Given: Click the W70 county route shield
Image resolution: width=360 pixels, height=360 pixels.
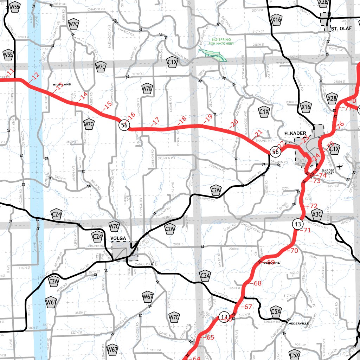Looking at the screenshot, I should click(x=147, y=89).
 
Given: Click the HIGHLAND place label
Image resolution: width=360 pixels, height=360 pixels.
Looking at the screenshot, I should click(x=62, y=85).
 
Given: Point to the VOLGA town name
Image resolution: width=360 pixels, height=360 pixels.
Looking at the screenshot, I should click(x=118, y=238).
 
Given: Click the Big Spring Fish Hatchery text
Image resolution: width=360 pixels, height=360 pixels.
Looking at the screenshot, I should click(x=221, y=42).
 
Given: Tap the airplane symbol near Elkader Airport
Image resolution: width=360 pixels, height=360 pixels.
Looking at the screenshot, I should click(x=339, y=167).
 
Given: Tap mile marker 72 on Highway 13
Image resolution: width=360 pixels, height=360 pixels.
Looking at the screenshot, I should click(x=312, y=206).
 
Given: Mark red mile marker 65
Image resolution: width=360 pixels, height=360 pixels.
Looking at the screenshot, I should click(x=209, y=338).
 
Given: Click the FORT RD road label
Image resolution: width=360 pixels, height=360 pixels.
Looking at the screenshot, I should click(x=301, y=345).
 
